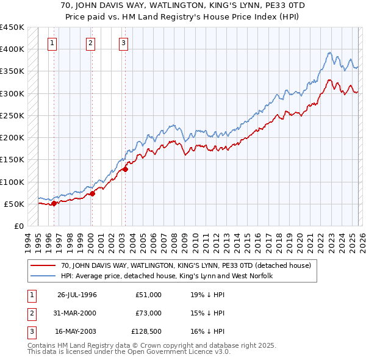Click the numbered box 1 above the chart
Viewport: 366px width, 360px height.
[x=52, y=43]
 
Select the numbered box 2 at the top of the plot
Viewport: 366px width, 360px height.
[x=90, y=43]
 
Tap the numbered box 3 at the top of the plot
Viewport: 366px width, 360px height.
[x=123, y=43]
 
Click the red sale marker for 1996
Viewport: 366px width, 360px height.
[x=54, y=204]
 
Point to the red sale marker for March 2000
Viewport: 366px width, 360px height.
[x=93, y=194]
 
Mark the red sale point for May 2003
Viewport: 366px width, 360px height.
[x=126, y=170]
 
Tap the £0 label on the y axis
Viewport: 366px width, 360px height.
[x=18, y=226]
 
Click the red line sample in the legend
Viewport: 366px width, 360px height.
[x=43, y=265]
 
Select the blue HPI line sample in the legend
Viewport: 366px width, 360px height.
[x=43, y=276]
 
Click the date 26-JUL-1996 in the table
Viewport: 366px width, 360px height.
[x=77, y=295]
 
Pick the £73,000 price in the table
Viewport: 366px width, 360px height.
[x=148, y=313]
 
